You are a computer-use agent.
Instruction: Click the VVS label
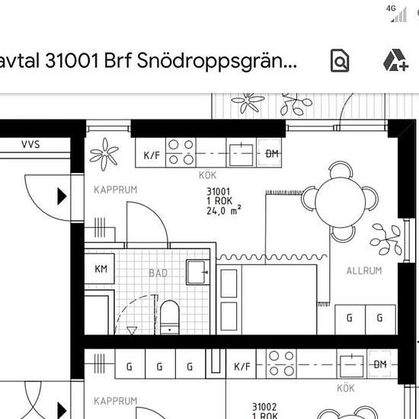30,145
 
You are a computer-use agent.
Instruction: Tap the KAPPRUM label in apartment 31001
116,190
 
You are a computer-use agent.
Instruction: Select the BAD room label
158,273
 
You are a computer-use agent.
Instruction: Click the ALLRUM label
364,270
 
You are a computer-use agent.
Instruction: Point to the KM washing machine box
100,269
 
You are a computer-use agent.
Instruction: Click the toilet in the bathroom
169,317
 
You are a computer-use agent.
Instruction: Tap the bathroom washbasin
198,272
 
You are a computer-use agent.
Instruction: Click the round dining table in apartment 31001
340,203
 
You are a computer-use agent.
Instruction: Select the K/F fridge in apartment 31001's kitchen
151,153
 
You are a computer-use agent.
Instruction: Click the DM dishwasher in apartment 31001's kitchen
269,153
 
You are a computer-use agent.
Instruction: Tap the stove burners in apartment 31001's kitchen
181,152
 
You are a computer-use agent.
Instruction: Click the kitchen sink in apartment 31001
241,155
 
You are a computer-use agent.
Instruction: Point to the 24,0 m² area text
224,210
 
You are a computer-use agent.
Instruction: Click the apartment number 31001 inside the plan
219,191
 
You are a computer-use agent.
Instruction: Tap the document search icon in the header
340,60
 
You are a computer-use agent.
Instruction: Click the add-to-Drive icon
395,60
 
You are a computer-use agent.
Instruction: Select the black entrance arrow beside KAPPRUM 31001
62,197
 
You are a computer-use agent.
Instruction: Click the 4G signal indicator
397,14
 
